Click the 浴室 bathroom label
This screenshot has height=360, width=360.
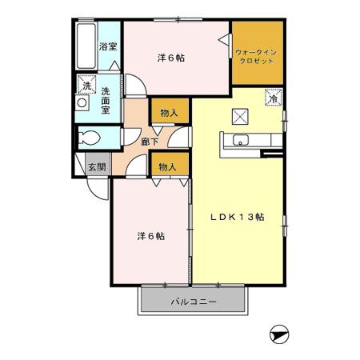click(107, 47)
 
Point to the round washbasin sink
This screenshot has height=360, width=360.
click(82, 103)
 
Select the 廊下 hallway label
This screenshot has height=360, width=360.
click(149, 142)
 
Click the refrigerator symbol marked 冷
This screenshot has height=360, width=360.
click(273, 98)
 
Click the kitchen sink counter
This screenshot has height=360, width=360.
click(242, 142)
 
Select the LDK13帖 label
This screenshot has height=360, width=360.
click(238, 217)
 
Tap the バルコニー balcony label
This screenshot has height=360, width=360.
click(193, 302)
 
